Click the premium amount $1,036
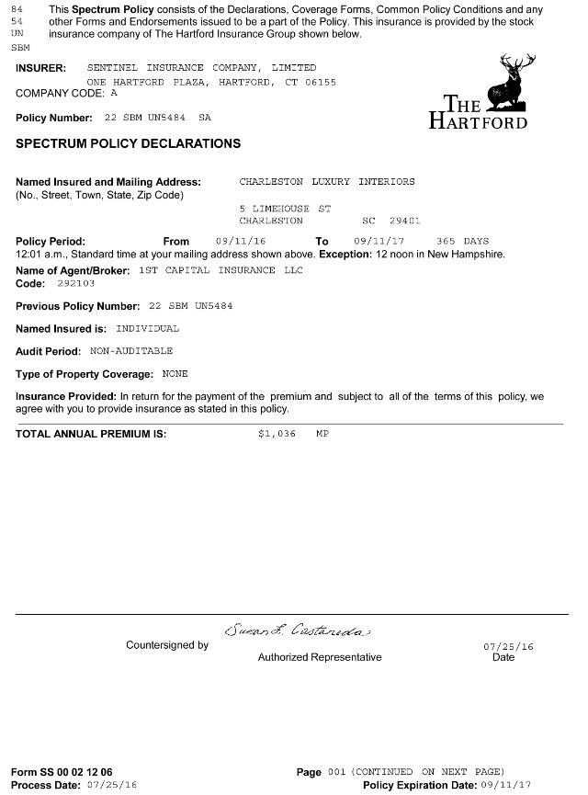click(277, 433)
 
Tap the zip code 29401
click(404, 221)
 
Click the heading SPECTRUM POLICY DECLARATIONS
click(129, 144)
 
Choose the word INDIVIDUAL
click(148, 328)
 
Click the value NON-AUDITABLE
click(131, 351)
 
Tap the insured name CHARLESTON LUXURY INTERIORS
click(327, 182)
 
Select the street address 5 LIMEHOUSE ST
click(285, 209)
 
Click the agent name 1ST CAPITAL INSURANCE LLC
click(220, 270)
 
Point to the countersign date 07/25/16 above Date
click(508, 647)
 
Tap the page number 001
click(335, 772)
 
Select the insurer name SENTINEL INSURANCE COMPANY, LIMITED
click(201, 68)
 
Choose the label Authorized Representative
click(319, 657)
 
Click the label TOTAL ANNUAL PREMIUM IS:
click(91, 433)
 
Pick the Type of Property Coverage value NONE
click(175, 374)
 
